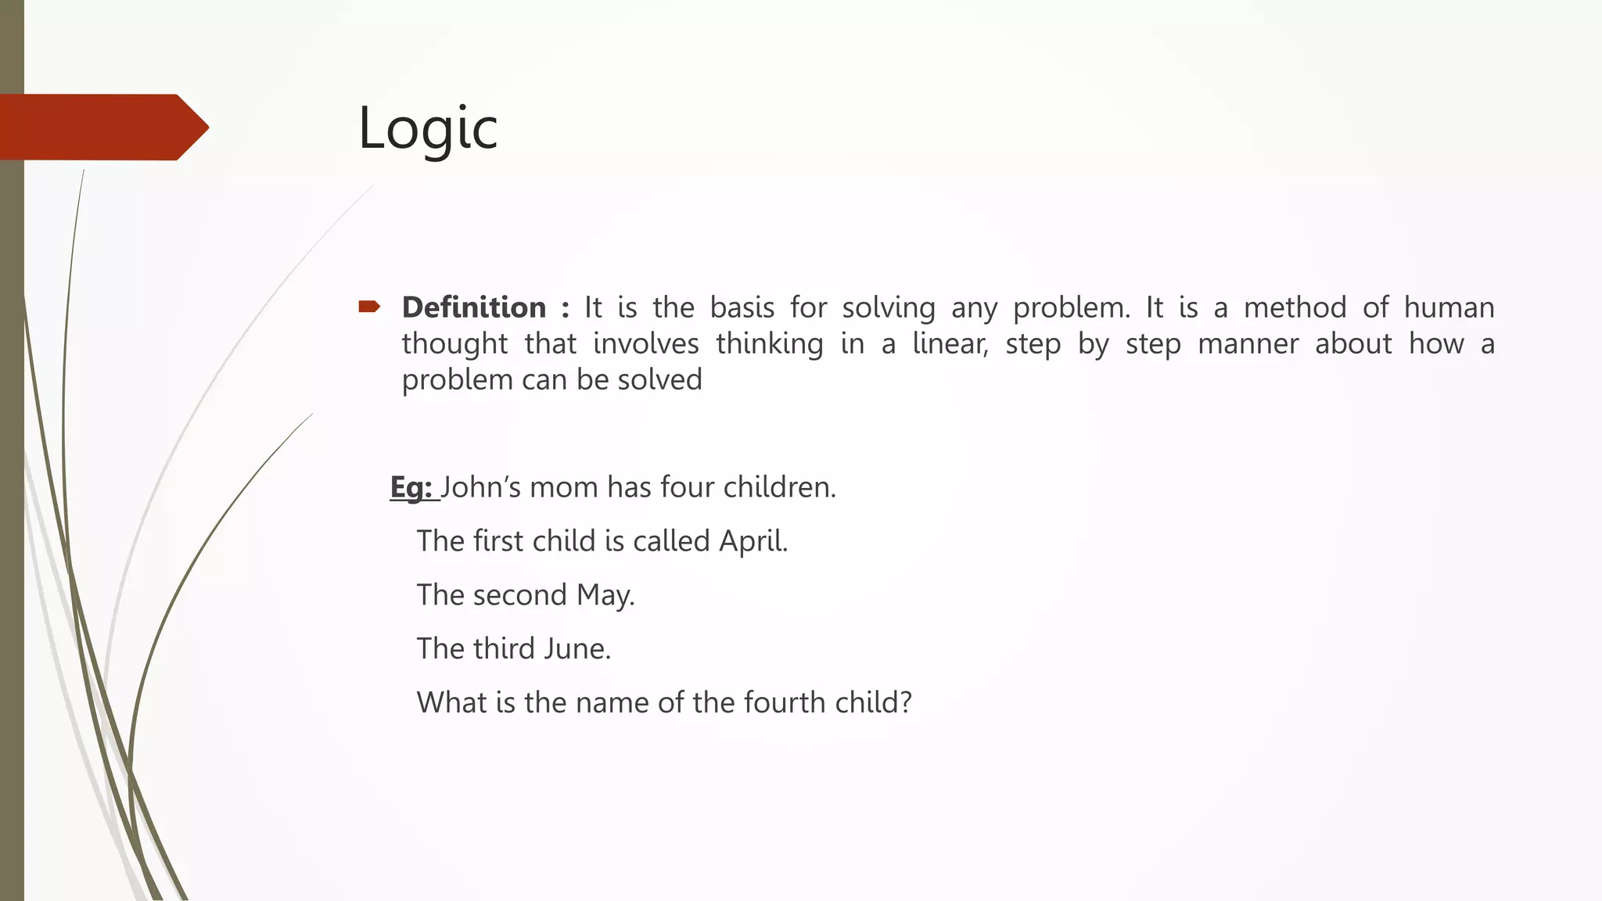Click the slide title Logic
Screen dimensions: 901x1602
click(428, 128)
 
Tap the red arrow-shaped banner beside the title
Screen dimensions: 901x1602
click(102, 127)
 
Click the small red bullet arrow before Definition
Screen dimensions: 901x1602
click(369, 307)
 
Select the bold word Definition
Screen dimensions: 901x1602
click(474, 307)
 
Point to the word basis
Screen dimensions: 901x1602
click(742, 307)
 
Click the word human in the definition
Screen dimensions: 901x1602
click(1449, 307)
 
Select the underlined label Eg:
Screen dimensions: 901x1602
click(411, 487)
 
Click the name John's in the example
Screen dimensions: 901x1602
click(481, 487)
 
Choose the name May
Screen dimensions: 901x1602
click(605, 595)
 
